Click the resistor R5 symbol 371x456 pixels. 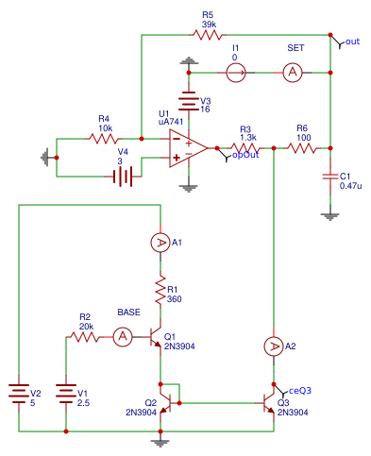click(x=208, y=35)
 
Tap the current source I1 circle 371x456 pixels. click(x=236, y=70)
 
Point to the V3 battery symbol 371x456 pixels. click(x=189, y=101)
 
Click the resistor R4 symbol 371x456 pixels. click(x=104, y=138)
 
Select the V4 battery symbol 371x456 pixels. click(x=122, y=176)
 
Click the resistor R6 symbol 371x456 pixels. click(x=302, y=148)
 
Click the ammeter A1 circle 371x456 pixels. click(x=160, y=243)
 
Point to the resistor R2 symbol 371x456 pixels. click(x=85, y=336)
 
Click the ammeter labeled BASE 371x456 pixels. click(x=122, y=336)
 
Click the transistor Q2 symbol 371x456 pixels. click(x=168, y=403)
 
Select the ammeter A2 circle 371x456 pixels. click(x=274, y=347)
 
